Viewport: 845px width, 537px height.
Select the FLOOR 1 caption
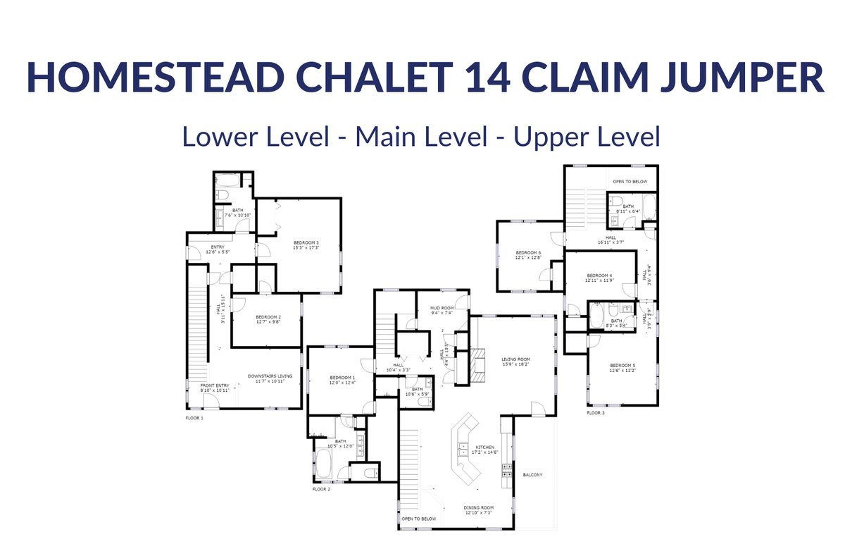pyautogui.click(x=194, y=418)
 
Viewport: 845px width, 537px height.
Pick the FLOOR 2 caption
pyautogui.click(x=322, y=488)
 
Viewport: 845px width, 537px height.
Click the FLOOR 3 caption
pyautogui.click(x=596, y=413)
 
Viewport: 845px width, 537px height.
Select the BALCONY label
pyautogui.click(x=533, y=474)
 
